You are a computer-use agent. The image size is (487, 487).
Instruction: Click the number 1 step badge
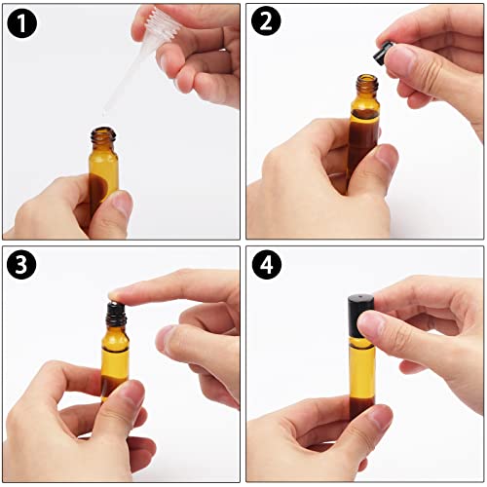[x=21, y=22]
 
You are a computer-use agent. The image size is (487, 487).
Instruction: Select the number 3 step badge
[x=21, y=266]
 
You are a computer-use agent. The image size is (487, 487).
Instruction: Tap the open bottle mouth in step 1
[x=102, y=131]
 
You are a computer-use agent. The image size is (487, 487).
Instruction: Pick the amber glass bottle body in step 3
[x=115, y=360]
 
